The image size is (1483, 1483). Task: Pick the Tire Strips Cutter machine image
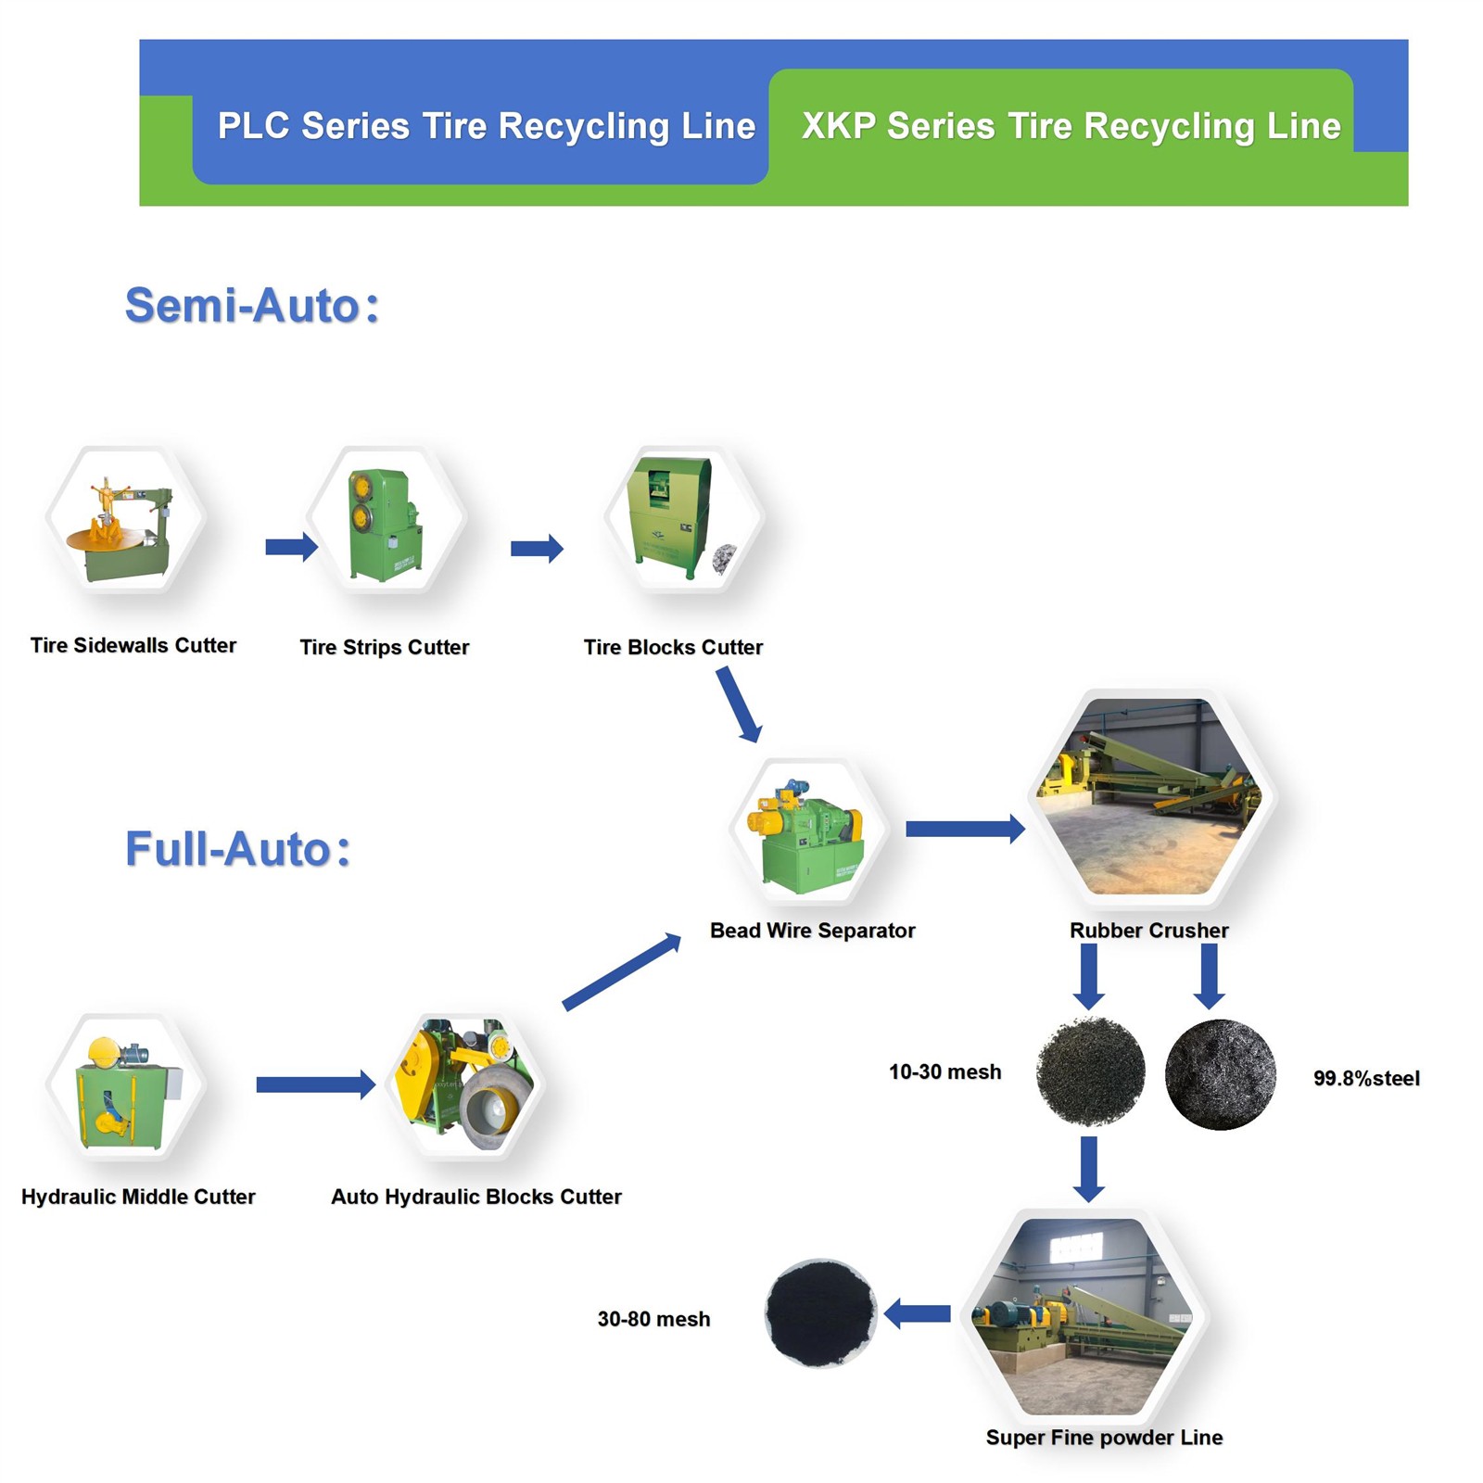tap(386, 523)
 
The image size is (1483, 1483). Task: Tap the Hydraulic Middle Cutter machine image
tap(126, 1088)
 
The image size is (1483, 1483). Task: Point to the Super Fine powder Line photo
tap(1084, 1316)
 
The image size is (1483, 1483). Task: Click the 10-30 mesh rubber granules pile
tap(1090, 1072)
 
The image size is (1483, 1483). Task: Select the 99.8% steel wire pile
tap(1220, 1075)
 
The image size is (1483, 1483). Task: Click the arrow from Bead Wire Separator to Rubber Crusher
tap(964, 829)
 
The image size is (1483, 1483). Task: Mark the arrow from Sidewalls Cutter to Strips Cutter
tap(291, 547)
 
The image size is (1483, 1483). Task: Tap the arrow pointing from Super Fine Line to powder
tap(918, 1313)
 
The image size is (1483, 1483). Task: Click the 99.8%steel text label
tap(1366, 1078)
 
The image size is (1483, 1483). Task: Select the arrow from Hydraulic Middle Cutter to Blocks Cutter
tap(315, 1084)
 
